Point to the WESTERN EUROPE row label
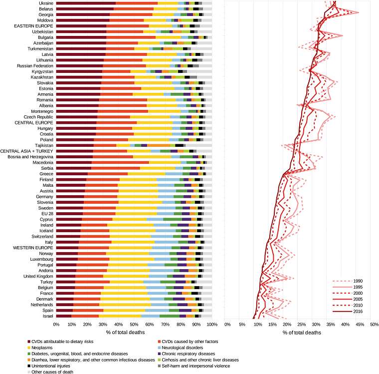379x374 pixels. [x=34, y=247]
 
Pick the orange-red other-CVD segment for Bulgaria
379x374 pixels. [x=131, y=37]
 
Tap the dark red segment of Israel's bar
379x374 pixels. [x=64, y=316]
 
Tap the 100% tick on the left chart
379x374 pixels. [x=211, y=325]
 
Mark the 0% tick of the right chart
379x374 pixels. [x=227, y=325]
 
